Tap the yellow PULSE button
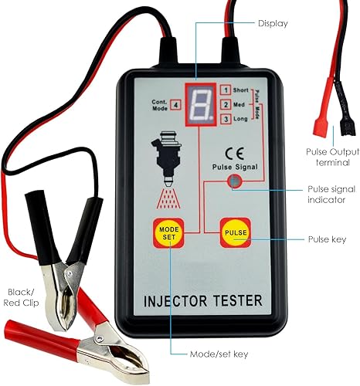(236, 232)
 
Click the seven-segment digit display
(201, 104)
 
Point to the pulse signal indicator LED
(235, 181)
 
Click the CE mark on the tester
(234, 153)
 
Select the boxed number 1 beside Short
(226, 90)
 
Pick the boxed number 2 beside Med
(226, 105)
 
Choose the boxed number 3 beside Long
(226, 119)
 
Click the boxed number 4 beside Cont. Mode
(176, 105)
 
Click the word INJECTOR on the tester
(175, 301)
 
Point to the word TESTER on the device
(238, 300)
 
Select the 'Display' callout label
(273, 23)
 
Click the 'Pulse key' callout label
(327, 239)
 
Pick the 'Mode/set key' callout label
(219, 354)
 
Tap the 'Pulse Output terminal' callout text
(333, 157)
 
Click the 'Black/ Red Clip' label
(21, 297)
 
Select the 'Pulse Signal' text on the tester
(235, 167)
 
